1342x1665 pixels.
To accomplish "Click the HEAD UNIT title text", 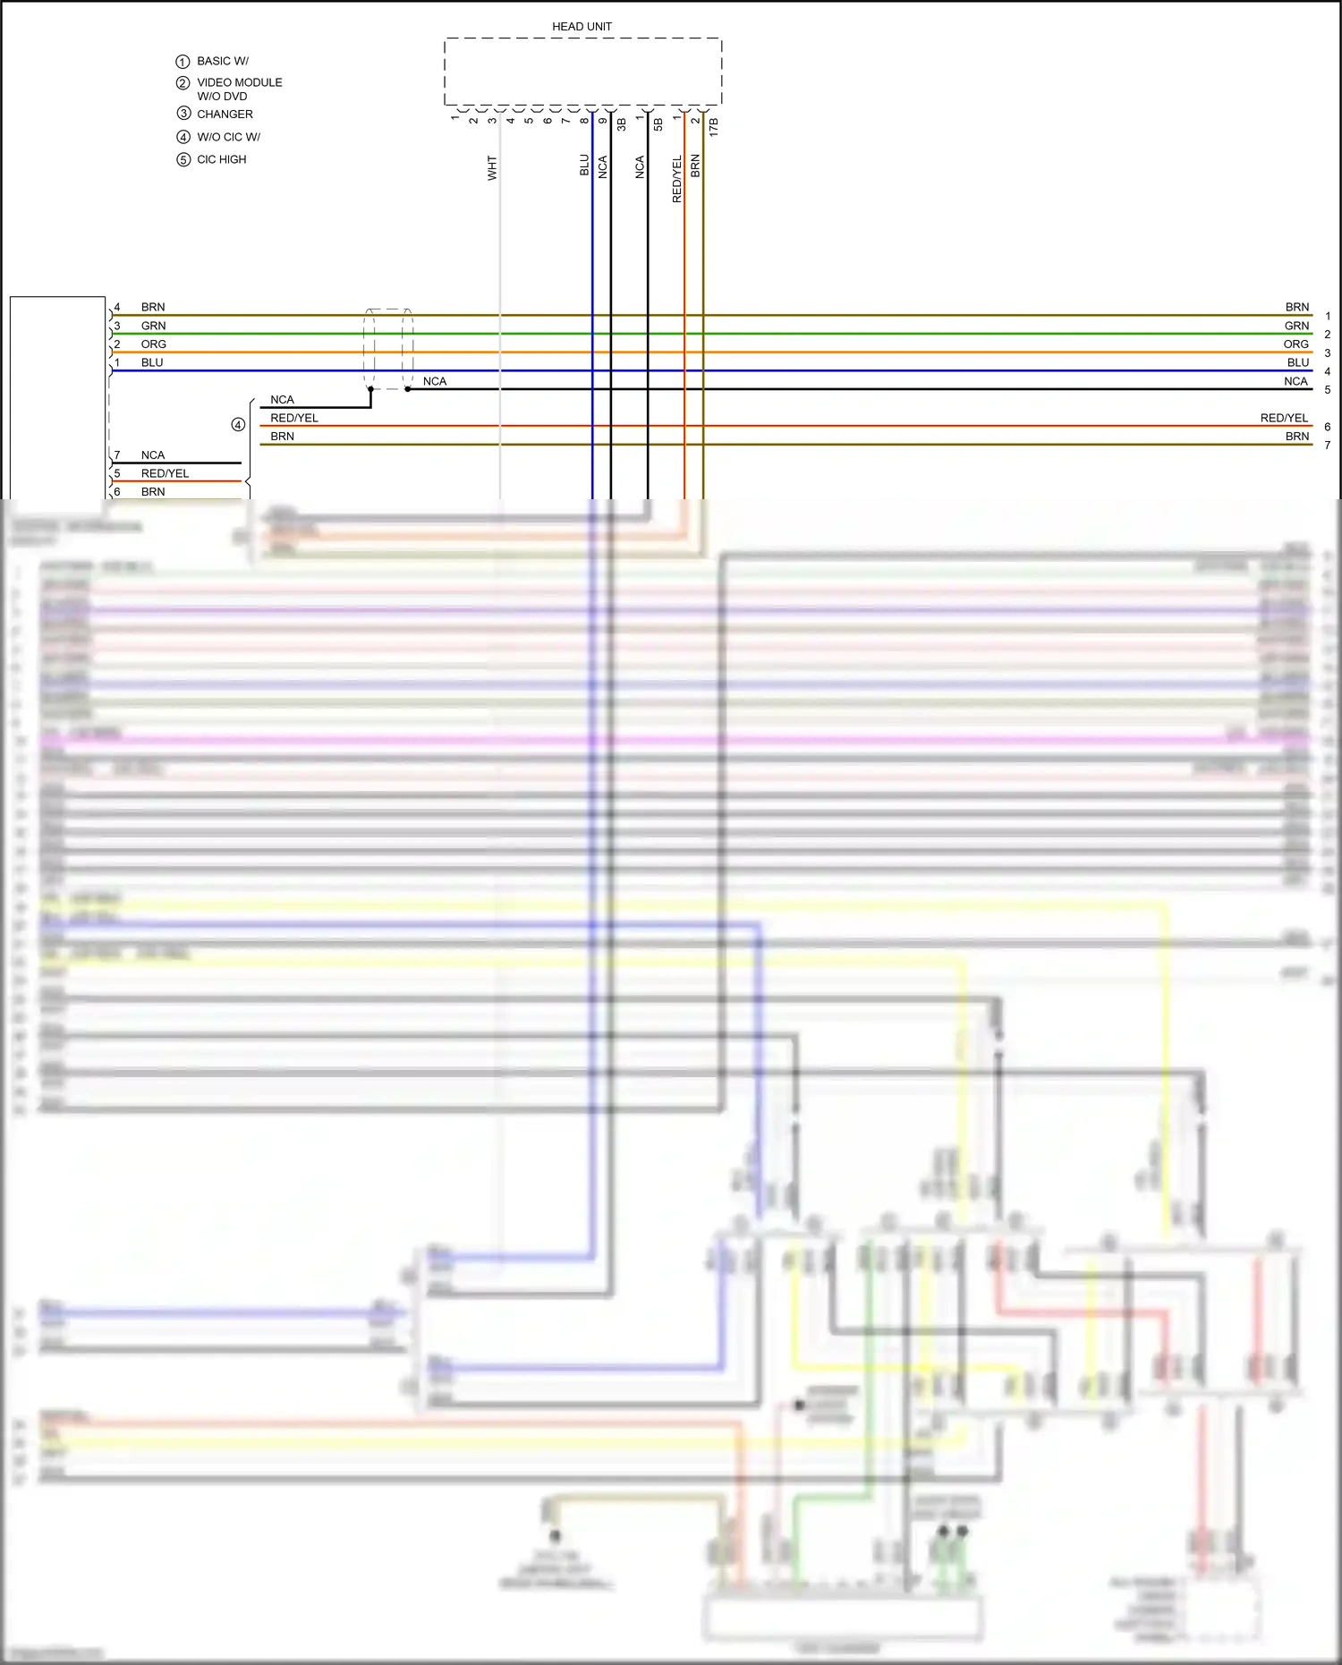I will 582,27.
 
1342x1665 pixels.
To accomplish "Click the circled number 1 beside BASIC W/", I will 183,62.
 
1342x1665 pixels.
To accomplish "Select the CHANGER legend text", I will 225,115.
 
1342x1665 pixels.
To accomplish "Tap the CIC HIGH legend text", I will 221,159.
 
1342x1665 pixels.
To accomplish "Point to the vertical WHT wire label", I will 492,168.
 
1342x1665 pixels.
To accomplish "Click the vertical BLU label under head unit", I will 584,166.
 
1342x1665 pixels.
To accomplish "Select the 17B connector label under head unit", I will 713,126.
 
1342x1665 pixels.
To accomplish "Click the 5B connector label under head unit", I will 658,124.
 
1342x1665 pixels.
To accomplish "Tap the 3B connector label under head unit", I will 621,124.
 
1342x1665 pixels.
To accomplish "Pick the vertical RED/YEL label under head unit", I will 677,179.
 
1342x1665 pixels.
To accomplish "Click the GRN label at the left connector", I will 153,326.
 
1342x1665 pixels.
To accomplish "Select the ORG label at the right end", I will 1295,344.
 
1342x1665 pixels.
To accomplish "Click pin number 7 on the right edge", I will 1327,446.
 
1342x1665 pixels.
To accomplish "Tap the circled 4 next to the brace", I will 238,425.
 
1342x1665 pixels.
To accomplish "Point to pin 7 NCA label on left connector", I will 153,455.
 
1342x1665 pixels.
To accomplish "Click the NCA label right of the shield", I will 435,381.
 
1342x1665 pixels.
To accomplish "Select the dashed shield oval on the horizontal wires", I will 388,349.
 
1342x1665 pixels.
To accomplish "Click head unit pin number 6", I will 548,121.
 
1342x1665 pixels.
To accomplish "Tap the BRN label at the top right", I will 1296,307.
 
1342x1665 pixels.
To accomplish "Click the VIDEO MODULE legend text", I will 239,82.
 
